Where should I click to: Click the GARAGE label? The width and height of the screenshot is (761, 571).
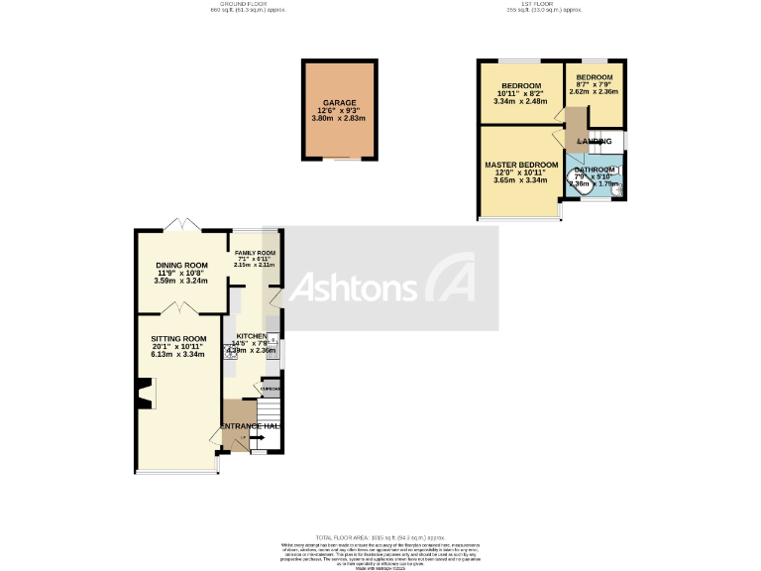339,102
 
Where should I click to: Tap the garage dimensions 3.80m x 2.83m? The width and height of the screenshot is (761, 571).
339,118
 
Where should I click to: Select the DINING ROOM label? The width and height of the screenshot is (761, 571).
181,266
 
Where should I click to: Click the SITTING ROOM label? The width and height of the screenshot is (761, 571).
178,339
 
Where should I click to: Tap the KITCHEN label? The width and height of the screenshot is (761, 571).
251,336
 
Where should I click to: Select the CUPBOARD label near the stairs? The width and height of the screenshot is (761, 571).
271,390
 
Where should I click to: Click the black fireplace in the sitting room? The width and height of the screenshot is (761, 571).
145,395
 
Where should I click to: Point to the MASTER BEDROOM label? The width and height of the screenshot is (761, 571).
521,165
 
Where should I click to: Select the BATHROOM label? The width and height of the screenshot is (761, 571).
594,171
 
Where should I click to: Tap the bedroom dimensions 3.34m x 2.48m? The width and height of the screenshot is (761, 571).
520,100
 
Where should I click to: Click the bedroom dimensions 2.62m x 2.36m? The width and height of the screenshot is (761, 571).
594,92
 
